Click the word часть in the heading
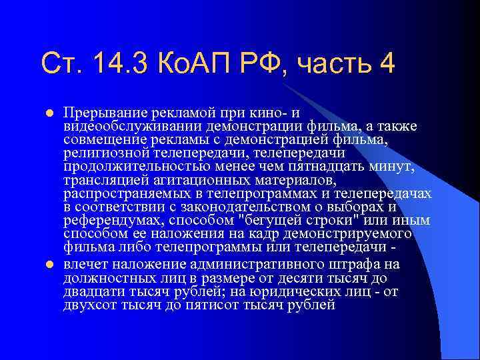[337, 65]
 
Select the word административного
[253, 264]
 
